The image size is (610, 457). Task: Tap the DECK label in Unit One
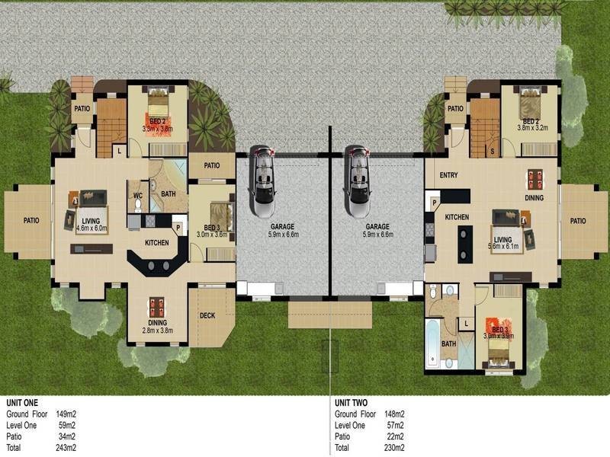207,316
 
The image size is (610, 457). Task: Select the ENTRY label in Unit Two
449,176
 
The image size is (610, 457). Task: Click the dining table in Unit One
157,307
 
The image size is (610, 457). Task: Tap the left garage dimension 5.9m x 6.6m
282,235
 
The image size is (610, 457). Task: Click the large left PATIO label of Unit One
31,221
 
